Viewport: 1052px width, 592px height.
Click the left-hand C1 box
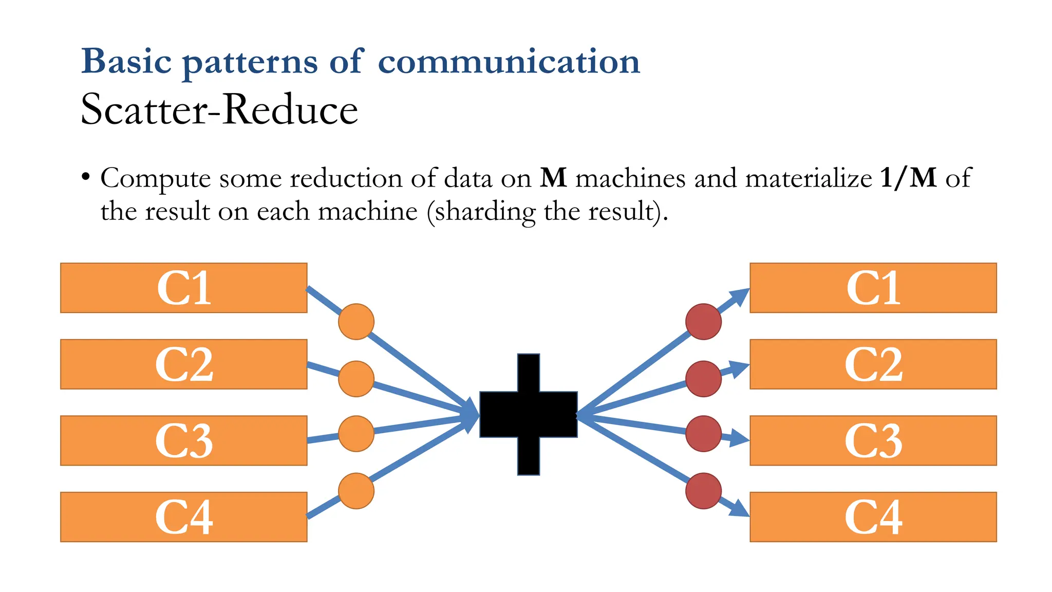(184, 288)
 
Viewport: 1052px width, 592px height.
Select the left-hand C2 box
(184, 364)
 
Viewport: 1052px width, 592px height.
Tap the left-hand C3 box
(184, 440)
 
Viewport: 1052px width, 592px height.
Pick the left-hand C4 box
(184, 516)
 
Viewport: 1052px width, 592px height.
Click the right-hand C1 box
(873, 288)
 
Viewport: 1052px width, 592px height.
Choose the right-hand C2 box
(873, 364)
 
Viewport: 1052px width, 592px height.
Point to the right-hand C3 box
(873, 440)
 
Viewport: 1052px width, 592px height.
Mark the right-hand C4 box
(873, 516)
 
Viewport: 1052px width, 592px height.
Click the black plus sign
(529, 414)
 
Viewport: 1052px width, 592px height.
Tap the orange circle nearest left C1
(356, 322)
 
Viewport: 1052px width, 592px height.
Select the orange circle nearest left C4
(356, 491)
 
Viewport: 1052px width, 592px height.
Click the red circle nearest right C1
(703, 322)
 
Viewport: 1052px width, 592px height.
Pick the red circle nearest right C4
(703, 491)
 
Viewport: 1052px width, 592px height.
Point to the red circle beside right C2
(703, 379)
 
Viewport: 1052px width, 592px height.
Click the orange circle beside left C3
(356, 434)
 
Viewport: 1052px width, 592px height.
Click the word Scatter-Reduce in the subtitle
(219, 110)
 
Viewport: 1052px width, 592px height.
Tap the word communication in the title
(509, 62)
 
